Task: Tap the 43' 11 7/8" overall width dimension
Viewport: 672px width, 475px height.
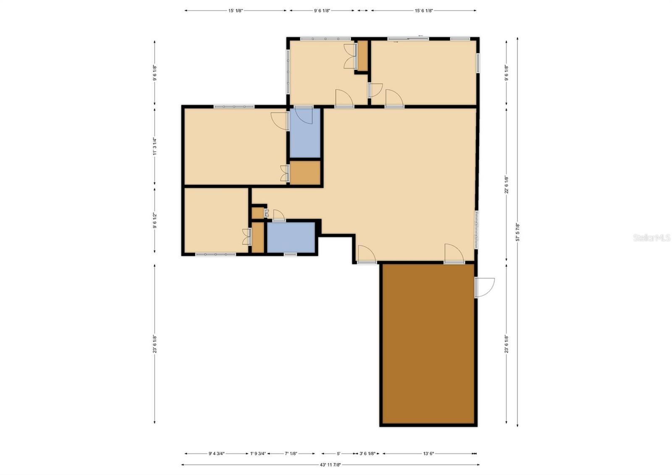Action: pyautogui.click(x=330, y=464)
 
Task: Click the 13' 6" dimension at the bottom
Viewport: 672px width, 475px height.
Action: pyautogui.click(x=428, y=454)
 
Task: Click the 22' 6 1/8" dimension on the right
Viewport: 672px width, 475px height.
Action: pyautogui.click(x=507, y=184)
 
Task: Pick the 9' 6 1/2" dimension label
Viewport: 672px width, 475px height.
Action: pyautogui.click(x=155, y=220)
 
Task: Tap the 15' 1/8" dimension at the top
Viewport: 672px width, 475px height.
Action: pyautogui.click(x=236, y=11)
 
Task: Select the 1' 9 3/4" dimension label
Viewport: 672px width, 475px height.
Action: pyautogui.click(x=258, y=454)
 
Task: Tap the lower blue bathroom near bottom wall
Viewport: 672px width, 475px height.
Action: pyautogui.click(x=291, y=237)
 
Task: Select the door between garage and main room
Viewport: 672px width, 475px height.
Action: pyautogui.click(x=454, y=254)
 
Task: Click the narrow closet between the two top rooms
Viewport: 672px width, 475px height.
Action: pyautogui.click(x=362, y=56)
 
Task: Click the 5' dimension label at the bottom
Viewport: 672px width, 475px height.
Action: pyautogui.click(x=339, y=454)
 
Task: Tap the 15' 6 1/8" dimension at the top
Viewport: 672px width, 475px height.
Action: pyautogui.click(x=423, y=11)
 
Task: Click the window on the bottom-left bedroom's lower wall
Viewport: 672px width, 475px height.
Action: pyautogui.click(x=215, y=254)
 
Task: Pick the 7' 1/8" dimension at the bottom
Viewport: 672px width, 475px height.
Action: pyautogui.click(x=291, y=454)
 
